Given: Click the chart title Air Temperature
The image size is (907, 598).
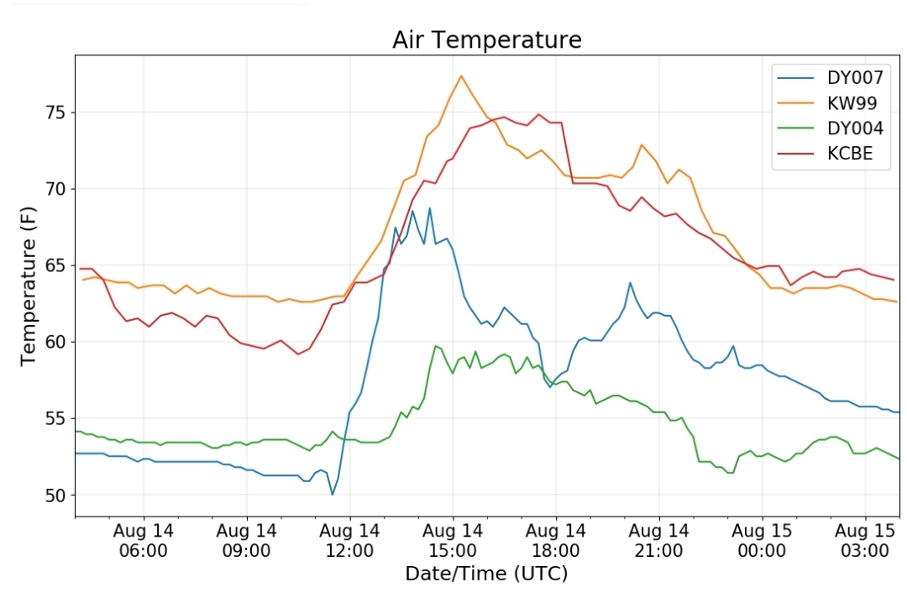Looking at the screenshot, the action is [486, 40].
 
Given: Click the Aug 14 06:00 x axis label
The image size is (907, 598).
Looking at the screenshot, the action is [144, 540].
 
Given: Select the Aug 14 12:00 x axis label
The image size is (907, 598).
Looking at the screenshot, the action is [349, 540].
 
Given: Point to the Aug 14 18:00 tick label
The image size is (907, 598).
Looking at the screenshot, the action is [556, 540].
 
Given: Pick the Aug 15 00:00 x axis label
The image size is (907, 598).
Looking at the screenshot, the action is [762, 540].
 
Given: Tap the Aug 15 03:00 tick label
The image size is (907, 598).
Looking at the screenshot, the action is [865, 540].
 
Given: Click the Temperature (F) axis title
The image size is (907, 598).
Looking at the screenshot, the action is [28, 286].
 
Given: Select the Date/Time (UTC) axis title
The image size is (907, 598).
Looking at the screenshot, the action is [486, 574].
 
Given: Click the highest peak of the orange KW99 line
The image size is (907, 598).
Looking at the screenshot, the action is [461, 76].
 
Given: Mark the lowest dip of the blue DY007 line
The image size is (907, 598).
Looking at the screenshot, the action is [332, 495].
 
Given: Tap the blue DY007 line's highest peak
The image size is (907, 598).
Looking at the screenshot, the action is [430, 208].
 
